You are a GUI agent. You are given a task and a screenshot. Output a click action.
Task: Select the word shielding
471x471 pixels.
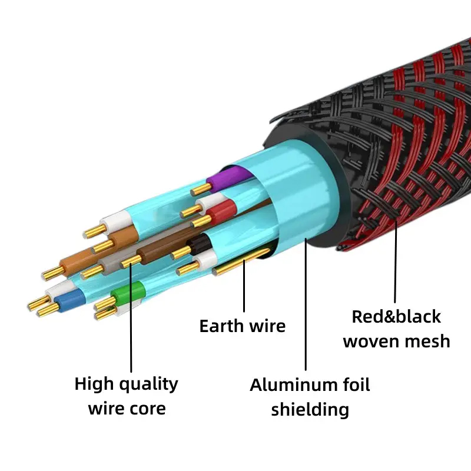point(310,410)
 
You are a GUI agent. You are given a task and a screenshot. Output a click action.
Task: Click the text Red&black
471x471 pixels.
point(396,316)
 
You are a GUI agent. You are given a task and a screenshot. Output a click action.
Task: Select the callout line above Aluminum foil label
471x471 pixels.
point(306,306)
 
